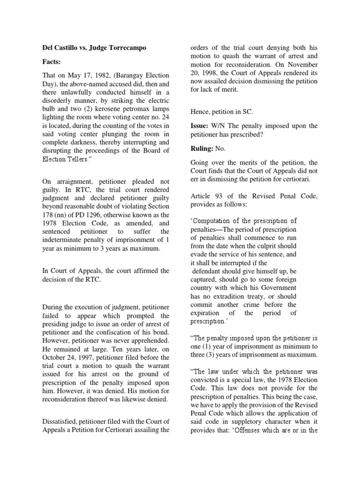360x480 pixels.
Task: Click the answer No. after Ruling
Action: (220, 148)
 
